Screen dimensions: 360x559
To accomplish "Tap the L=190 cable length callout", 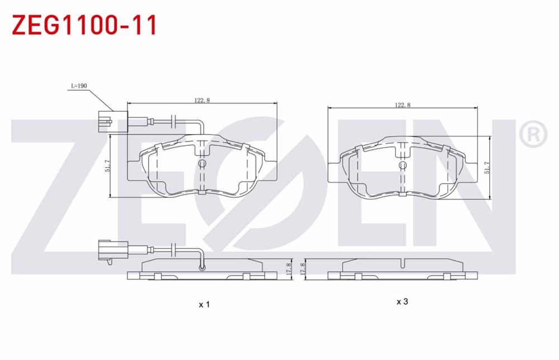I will click(79, 87).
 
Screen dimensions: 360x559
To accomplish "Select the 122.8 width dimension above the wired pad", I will click(202, 100).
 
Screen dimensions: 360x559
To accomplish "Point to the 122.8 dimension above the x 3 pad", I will click(402, 105).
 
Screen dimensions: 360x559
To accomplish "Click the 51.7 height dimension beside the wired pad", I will click(107, 166).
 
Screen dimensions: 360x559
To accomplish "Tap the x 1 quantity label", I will click(204, 305).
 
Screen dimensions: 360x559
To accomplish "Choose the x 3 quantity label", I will click(402, 302).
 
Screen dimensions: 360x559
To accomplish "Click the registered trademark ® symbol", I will click(533, 134).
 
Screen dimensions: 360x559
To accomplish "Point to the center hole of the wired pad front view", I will click(202, 163).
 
